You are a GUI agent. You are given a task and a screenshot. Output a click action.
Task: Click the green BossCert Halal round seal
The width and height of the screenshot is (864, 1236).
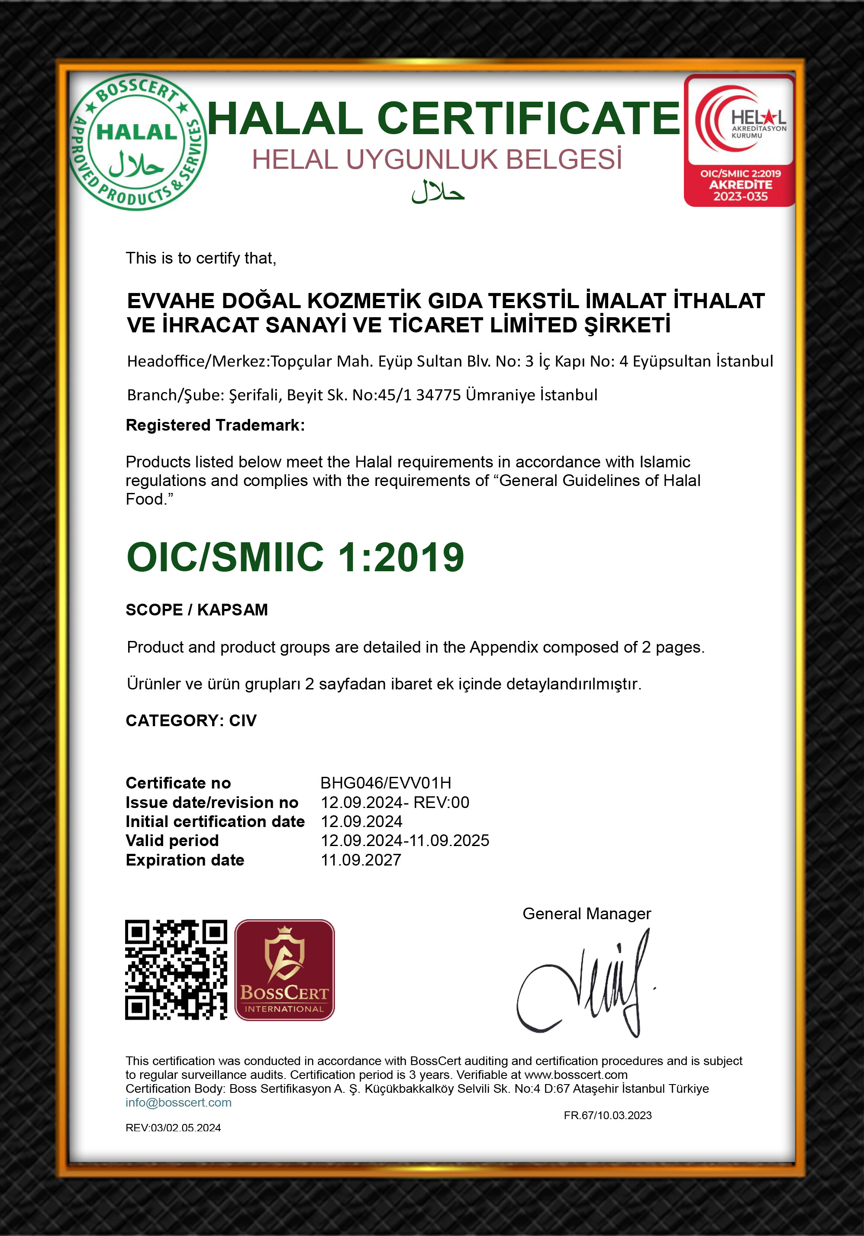[x=137, y=142]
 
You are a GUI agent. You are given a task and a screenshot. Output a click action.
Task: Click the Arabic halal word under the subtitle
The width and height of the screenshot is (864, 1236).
[x=438, y=192]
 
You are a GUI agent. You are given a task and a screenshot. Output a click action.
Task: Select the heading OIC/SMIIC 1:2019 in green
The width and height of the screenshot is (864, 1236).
[x=295, y=557]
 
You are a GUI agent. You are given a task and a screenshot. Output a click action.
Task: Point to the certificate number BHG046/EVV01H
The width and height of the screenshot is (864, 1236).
[x=385, y=783]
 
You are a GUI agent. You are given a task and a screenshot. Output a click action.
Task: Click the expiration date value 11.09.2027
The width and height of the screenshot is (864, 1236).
[x=361, y=860]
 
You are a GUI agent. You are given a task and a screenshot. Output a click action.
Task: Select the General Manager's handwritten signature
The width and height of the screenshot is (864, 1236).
[x=584, y=985]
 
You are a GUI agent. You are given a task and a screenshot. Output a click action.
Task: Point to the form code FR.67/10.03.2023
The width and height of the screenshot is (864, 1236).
[x=607, y=1115]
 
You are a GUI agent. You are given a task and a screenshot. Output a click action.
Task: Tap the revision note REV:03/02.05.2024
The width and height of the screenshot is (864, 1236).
[x=173, y=1128]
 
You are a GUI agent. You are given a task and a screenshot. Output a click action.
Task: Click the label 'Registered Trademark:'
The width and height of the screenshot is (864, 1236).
[x=215, y=425]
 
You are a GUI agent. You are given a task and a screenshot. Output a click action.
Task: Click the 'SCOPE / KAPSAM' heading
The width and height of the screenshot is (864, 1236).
[x=197, y=609]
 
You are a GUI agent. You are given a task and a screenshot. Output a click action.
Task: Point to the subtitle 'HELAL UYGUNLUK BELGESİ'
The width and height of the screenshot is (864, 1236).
[x=437, y=160]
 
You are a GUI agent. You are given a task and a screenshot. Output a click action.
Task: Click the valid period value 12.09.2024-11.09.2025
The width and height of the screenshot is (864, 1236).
[x=405, y=840]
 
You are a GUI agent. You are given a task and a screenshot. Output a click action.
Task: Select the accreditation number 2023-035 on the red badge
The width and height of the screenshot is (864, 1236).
[x=740, y=196]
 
